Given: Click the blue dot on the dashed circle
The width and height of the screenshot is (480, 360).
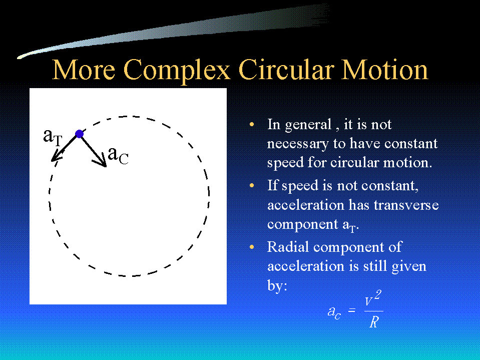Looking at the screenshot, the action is point(79,134).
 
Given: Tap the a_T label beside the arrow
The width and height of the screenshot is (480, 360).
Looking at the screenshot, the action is point(53,137).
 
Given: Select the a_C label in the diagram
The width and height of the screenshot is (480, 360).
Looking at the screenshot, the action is point(118,155).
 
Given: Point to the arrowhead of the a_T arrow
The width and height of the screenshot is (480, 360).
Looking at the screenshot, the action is point(55,157).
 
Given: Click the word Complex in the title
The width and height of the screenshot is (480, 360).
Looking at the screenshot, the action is point(177,71).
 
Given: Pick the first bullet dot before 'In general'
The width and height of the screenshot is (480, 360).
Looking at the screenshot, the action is point(252,124).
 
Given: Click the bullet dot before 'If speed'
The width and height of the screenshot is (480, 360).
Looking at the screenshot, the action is point(252,186).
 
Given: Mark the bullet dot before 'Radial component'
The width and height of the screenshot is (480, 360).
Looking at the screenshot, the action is point(252,247).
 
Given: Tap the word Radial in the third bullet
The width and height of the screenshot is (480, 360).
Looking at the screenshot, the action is point(288,247).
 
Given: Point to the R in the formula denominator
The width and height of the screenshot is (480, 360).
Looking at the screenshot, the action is point(374,322).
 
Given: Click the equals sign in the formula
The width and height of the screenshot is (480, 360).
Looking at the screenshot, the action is point(352,310).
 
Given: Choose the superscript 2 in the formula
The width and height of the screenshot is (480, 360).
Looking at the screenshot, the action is point(378,295).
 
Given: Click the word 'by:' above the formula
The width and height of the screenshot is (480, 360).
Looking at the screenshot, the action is point(277,285).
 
